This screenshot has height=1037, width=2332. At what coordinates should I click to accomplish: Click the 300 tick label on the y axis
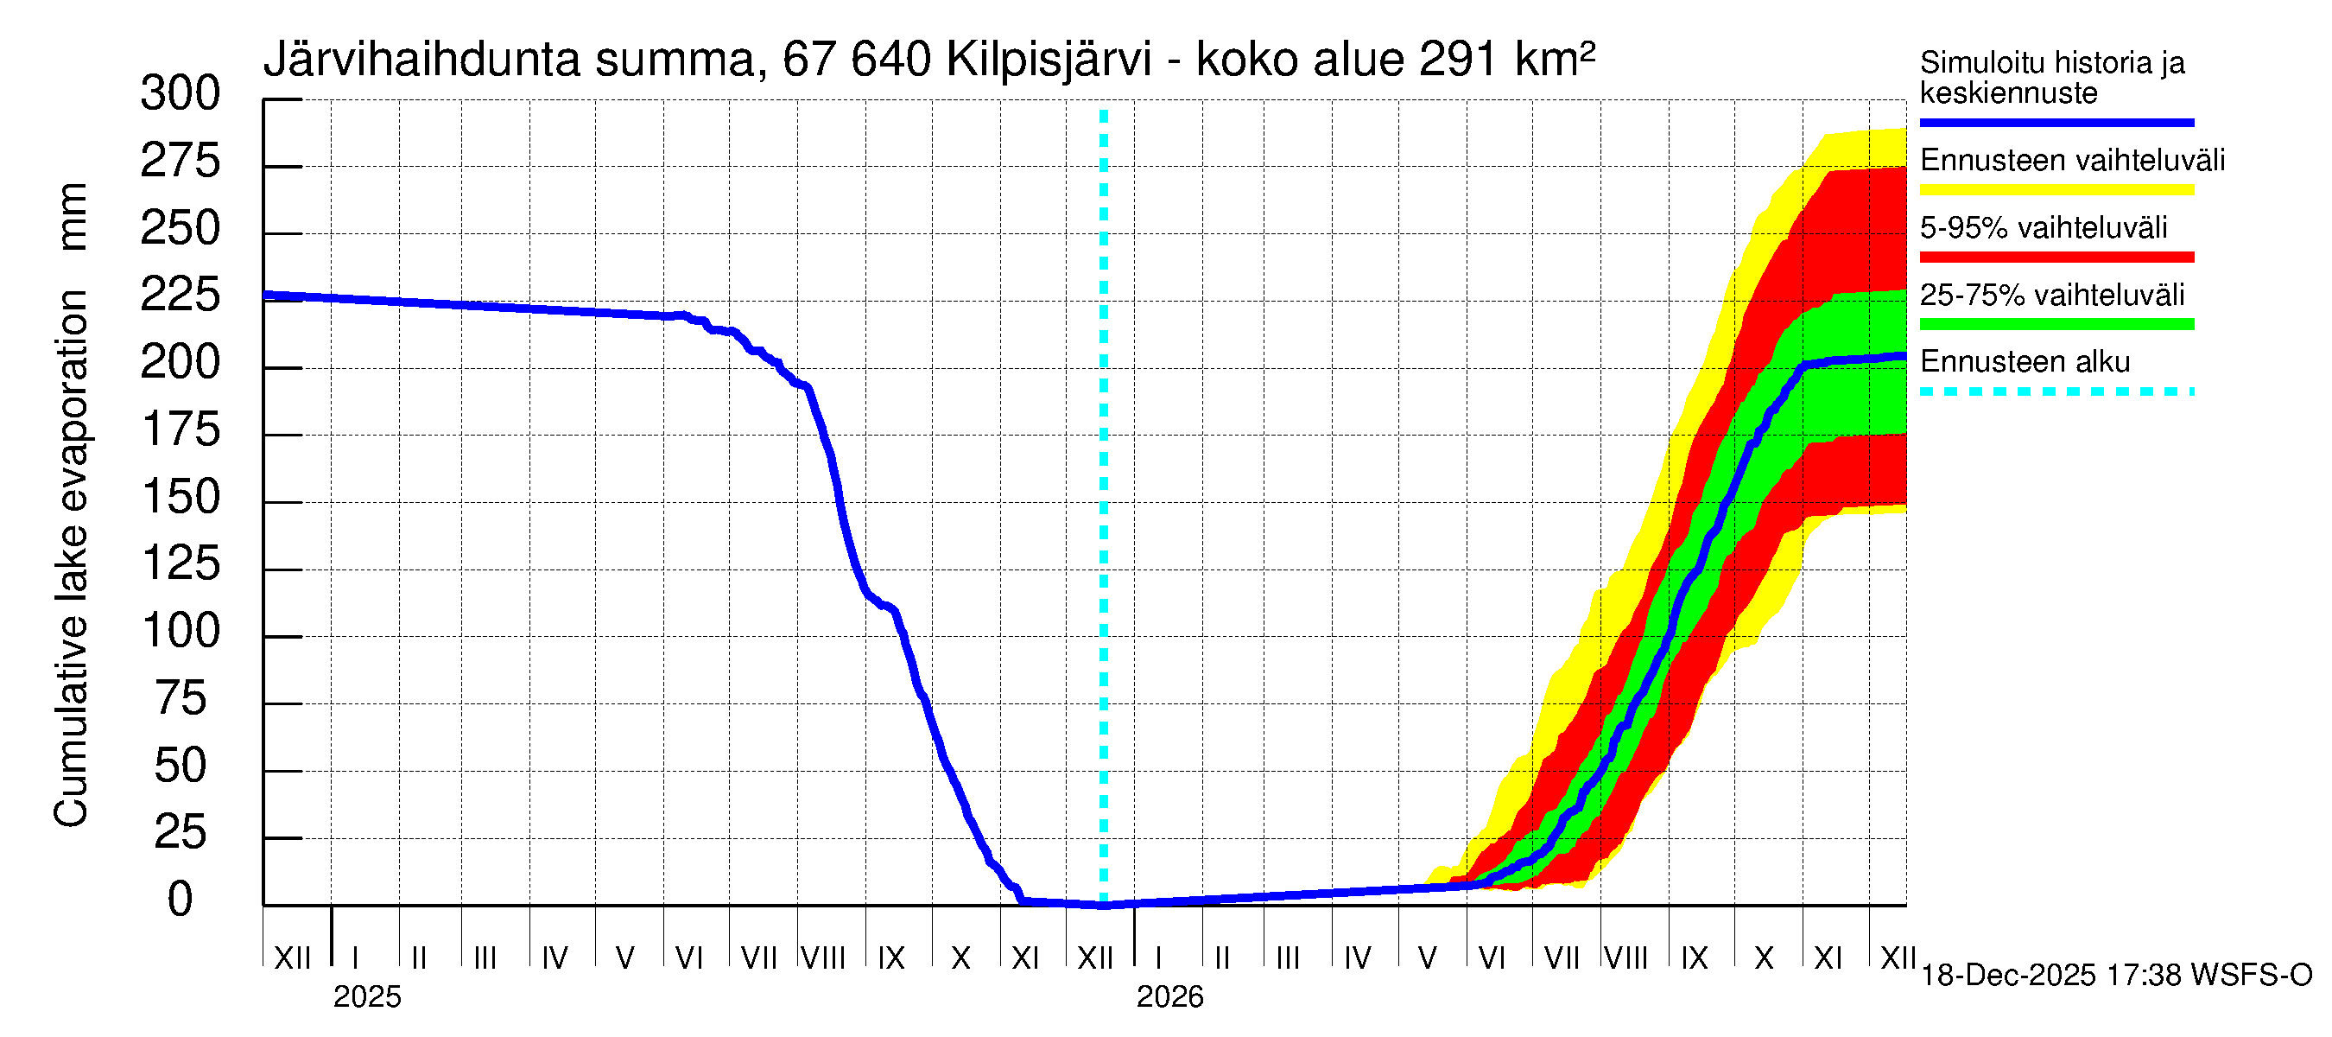[181, 94]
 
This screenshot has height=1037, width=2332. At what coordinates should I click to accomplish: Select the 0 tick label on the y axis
[181, 900]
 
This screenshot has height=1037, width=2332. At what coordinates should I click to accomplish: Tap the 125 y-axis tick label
[181, 564]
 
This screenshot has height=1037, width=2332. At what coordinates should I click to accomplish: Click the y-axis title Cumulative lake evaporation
[71, 557]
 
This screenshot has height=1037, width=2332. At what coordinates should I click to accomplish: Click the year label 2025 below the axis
[366, 997]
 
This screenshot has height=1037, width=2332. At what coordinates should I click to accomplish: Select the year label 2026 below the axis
[1169, 997]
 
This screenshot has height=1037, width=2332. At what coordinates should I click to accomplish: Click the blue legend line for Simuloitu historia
[2056, 122]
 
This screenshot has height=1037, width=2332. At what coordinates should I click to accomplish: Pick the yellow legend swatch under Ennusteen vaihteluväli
[2056, 190]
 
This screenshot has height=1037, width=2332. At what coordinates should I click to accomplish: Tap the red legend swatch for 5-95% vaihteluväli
[2056, 258]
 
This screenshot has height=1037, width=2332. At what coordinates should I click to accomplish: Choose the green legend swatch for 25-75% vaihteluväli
[2056, 324]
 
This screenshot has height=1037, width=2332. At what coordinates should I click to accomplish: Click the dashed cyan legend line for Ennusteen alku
[2056, 392]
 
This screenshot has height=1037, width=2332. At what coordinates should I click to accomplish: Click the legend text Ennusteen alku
[2025, 362]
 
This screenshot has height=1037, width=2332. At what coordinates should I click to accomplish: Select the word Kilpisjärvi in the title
[1049, 60]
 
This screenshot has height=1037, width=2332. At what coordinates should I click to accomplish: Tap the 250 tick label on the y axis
[181, 228]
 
